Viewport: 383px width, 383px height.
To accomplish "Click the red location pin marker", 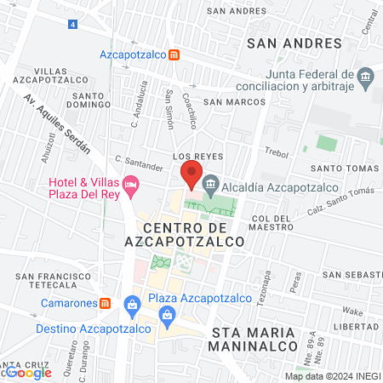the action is pyautogui.click(x=190, y=174).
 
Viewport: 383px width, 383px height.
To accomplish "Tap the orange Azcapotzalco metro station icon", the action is pyautogui.click(x=174, y=54).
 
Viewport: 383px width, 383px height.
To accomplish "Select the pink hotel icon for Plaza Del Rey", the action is pyautogui.click(x=130, y=184).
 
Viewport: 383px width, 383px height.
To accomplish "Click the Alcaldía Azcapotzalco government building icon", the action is pyautogui.click(x=211, y=182).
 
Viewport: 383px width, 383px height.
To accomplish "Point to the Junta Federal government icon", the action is pyautogui.click(x=365, y=77).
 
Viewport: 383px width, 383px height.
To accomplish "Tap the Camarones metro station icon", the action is pyautogui.click(x=106, y=302).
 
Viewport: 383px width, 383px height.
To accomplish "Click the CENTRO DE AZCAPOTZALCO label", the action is pyautogui.click(x=193, y=235).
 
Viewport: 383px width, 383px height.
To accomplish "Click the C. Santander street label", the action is pyautogui.click(x=139, y=163).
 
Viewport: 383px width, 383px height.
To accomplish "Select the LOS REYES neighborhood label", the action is pyautogui.click(x=191, y=157).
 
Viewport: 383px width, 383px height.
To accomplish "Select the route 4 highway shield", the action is pyautogui.click(x=73, y=25).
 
